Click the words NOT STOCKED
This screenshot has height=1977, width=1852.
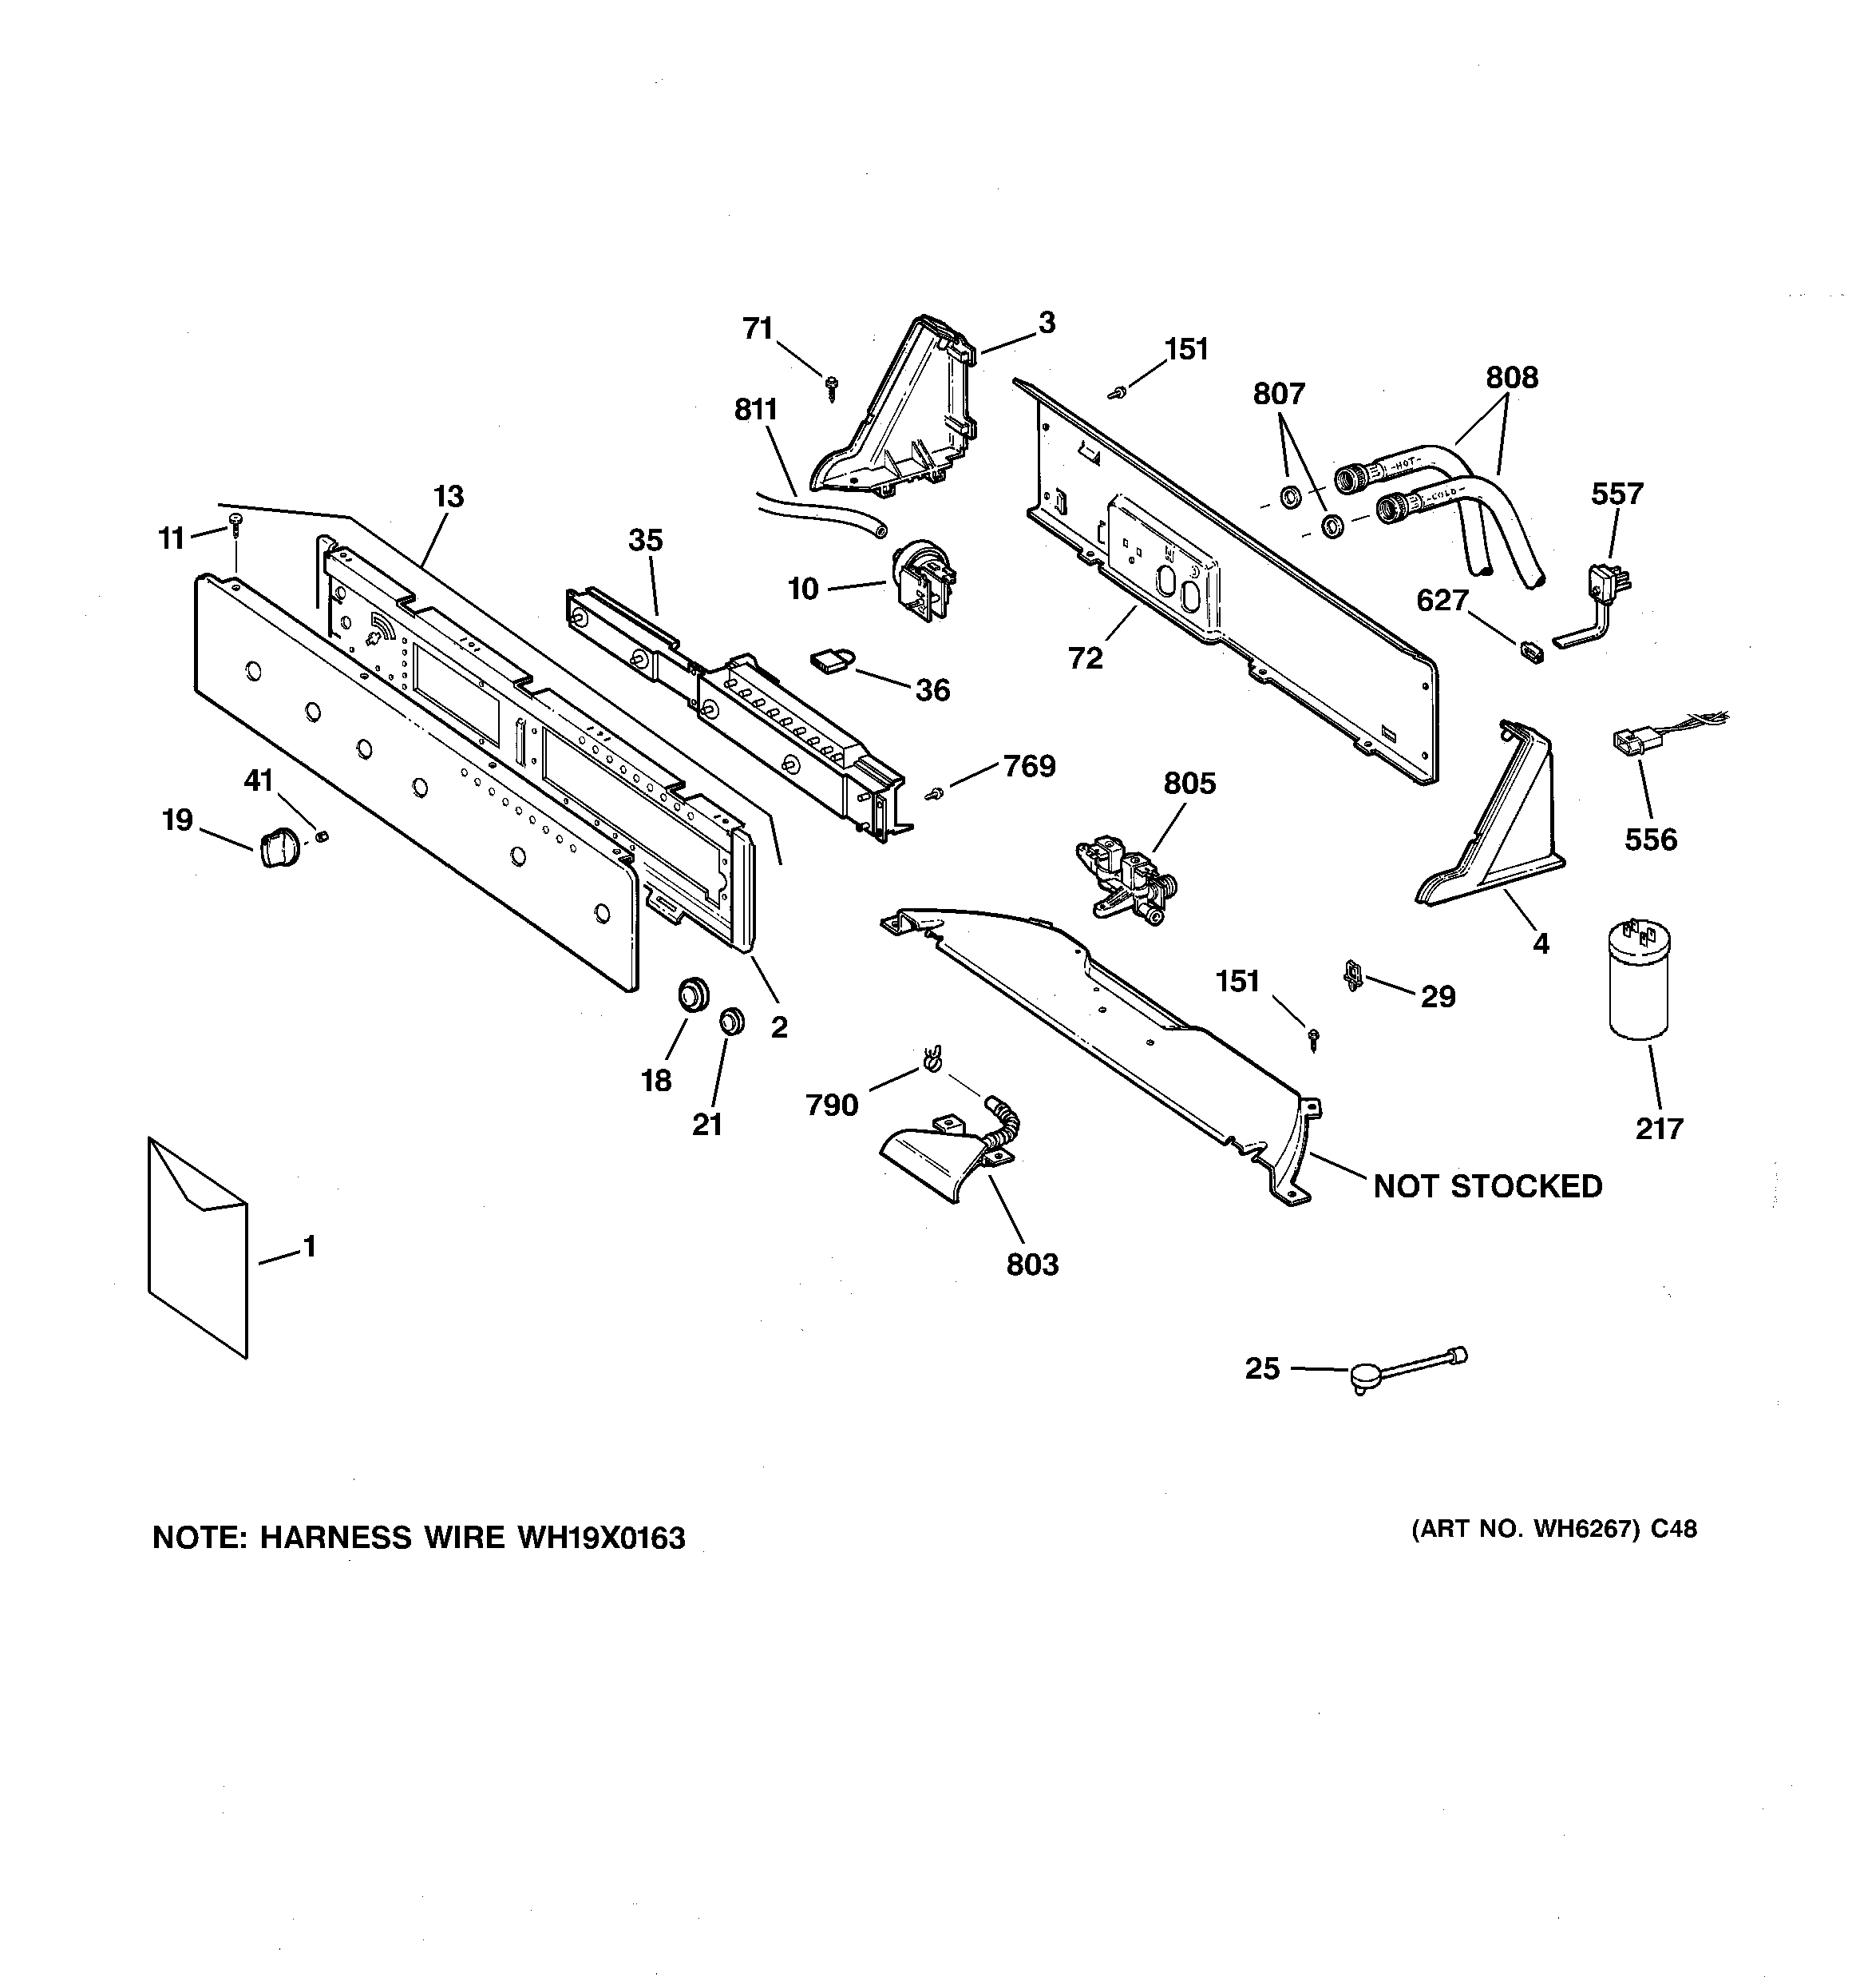1487,1186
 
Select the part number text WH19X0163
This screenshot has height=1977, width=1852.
600,1538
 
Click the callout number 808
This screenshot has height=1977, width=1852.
1511,377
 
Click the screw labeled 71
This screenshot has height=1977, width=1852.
831,386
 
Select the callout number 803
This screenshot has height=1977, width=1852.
1032,1265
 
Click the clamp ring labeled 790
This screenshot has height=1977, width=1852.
931,1060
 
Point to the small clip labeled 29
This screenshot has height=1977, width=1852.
1352,975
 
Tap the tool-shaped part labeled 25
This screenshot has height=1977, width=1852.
1402,1369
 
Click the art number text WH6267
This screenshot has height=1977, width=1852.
1585,1530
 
